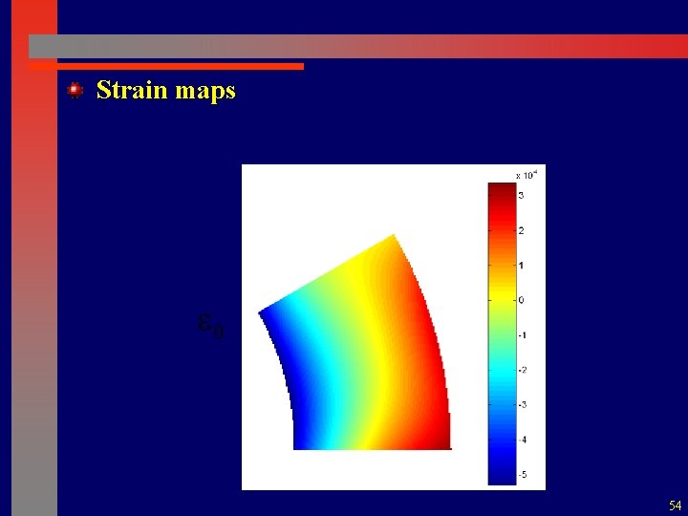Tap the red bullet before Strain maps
75,90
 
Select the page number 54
676,505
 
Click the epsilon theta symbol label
210,326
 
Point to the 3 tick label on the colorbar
521,195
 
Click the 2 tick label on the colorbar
521,230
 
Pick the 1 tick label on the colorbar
521,265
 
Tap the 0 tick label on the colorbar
521,300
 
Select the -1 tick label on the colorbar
522,334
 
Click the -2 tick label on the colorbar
522,370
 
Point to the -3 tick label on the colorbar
522,404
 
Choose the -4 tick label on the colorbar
522,440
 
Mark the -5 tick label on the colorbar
522,474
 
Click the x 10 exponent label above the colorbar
527,175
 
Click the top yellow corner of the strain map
392,236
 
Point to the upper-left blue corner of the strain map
262,312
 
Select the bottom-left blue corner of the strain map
296,445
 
